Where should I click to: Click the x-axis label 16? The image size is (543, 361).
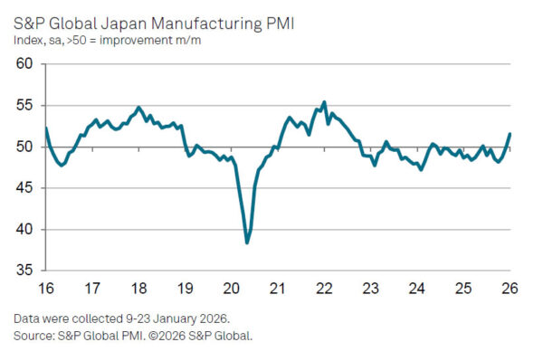pos(45,289)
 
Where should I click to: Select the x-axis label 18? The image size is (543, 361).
pos(138,289)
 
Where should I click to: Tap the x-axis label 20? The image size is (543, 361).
pos(232,289)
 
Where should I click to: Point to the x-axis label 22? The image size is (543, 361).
pos(325,289)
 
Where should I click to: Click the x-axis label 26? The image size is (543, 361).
pos(510,289)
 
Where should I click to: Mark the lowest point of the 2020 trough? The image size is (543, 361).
pos(247,242)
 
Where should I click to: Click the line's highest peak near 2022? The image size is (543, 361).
pos(324,102)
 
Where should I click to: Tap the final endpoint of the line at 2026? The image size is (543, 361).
pos(510,134)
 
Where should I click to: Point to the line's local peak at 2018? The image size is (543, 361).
pos(138,108)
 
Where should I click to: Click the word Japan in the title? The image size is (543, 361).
pos(127,18)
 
